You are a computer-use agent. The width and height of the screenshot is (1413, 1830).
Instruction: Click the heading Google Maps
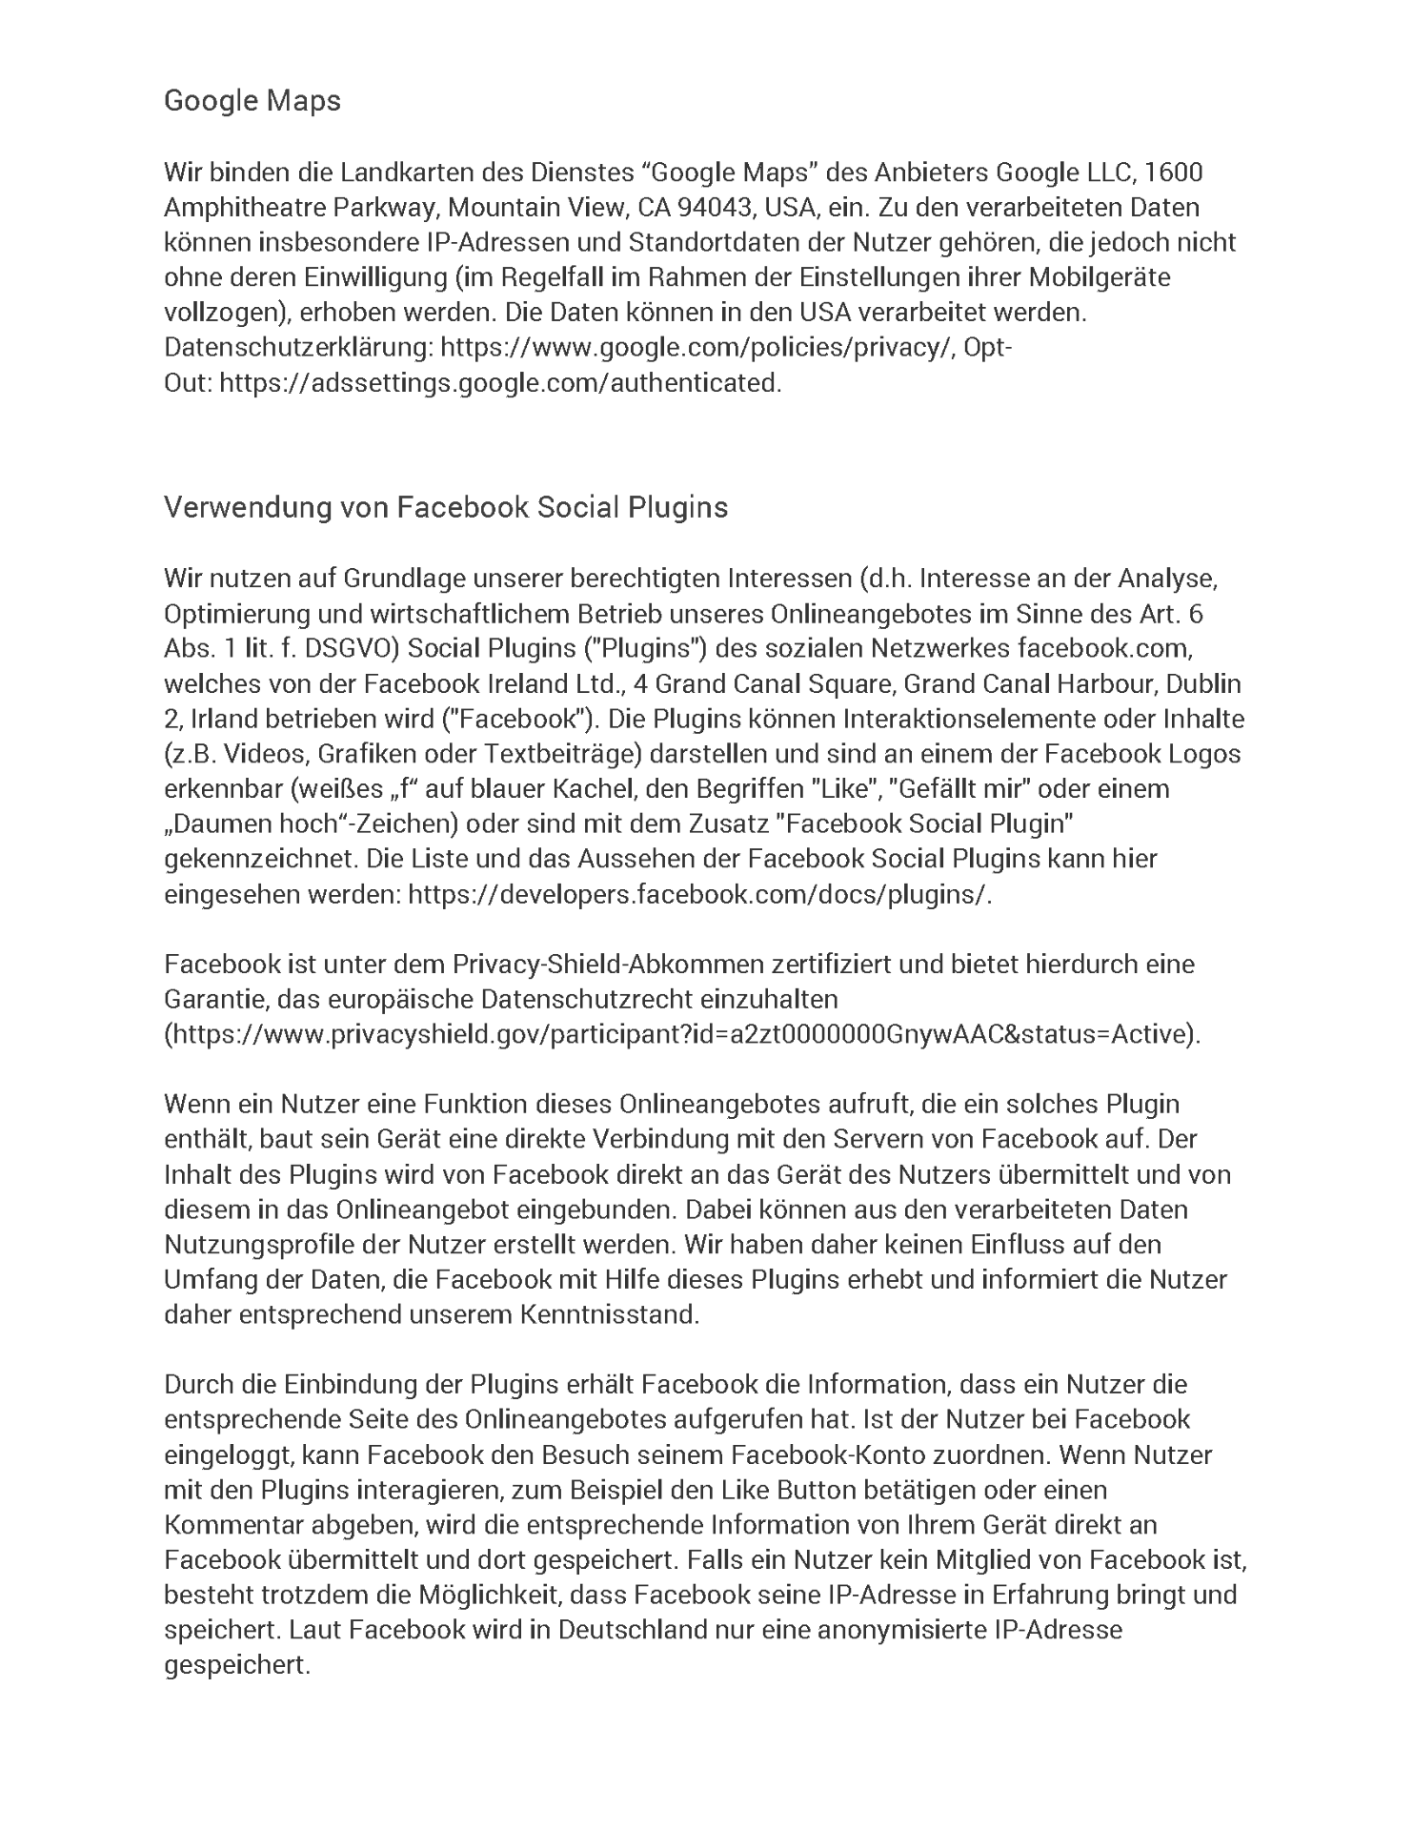252,100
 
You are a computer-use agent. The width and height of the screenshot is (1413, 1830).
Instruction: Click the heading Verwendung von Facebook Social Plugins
446,507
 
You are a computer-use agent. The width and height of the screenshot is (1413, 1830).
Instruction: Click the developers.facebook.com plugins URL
699,895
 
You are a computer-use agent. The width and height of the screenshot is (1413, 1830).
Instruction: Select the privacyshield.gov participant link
683,1034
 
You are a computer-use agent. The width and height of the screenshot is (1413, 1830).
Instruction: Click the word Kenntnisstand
610,1314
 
